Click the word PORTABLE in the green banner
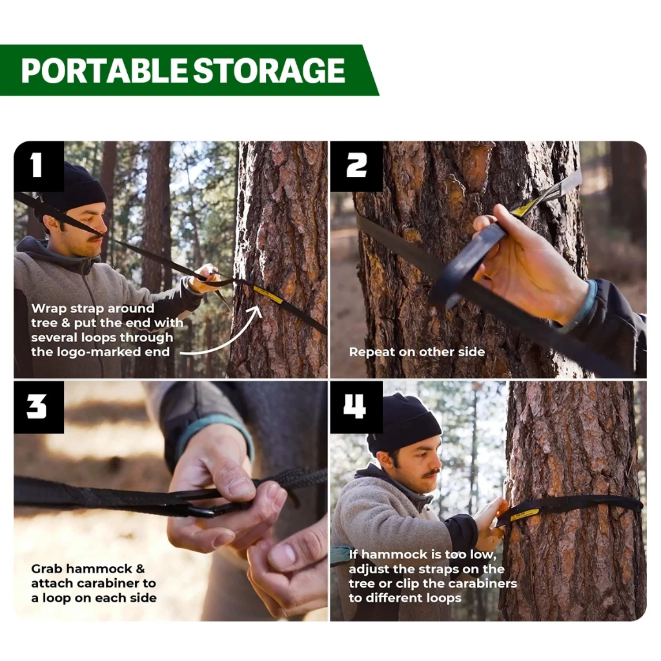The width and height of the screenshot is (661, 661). (103, 70)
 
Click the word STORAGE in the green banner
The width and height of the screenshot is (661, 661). (269, 70)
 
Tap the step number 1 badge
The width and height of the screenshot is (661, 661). (38, 166)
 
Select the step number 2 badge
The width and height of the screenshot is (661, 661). (356, 166)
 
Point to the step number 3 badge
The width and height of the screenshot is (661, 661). (38, 407)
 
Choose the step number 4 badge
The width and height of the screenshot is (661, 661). (356, 407)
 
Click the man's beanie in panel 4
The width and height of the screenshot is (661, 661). (405, 423)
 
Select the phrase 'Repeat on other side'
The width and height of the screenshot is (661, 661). (417, 352)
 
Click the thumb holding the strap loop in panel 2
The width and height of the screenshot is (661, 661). (486, 224)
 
